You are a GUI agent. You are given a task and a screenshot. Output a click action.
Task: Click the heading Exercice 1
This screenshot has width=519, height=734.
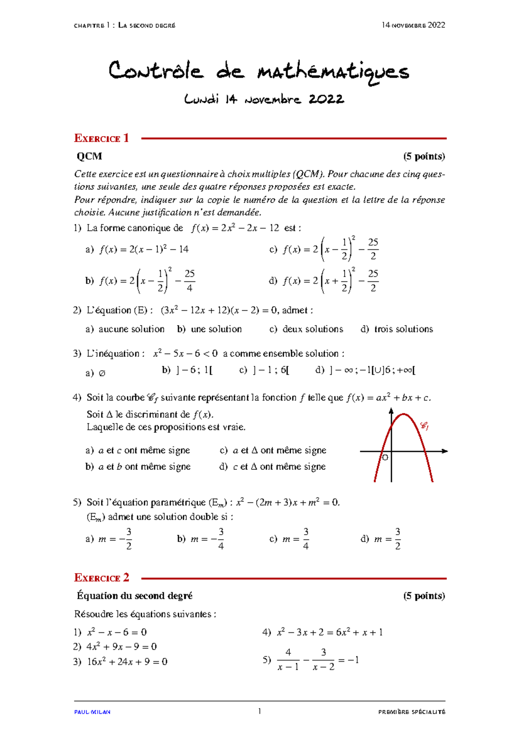[101, 138]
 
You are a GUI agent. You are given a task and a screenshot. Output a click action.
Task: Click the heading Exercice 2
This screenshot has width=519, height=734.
[101, 578]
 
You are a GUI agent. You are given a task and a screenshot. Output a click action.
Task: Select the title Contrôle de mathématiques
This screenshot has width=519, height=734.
[259, 72]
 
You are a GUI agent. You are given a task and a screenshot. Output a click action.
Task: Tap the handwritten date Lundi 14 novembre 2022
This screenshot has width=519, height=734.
[264, 99]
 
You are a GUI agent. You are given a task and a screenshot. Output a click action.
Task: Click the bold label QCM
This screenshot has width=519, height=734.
[89, 156]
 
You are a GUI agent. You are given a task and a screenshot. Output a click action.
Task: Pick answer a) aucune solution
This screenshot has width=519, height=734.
[125, 329]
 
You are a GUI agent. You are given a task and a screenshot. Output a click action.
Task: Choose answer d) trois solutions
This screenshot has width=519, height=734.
[397, 329]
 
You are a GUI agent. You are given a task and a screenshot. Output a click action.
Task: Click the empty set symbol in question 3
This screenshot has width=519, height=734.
[102, 373]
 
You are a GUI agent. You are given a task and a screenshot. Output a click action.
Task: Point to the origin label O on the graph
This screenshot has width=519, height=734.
[385, 457]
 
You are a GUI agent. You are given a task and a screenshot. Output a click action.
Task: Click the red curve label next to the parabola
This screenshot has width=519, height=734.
[424, 426]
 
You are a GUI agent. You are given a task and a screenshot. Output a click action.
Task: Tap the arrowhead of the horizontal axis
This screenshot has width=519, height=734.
[445, 451]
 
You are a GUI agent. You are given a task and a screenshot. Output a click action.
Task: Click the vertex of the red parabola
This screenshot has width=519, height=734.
[403, 415]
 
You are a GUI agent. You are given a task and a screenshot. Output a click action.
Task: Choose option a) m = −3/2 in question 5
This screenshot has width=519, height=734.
[109, 539]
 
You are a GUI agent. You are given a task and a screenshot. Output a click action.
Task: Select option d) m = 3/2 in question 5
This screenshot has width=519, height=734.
[381, 539]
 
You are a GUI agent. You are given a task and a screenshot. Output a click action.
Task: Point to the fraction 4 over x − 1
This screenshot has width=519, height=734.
[288, 660]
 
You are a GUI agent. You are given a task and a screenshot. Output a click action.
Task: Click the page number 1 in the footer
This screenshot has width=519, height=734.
[259, 711]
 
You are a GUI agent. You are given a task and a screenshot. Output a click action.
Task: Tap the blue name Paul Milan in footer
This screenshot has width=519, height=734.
[92, 712]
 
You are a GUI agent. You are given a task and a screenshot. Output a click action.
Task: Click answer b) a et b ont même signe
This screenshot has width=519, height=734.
[138, 467]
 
